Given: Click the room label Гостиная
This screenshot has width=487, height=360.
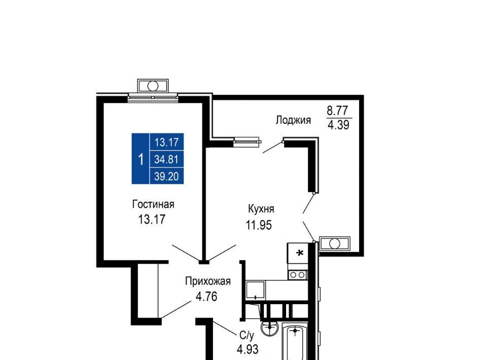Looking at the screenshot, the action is click(153, 204).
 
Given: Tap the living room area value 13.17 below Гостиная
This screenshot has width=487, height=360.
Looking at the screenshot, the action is click(152, 220).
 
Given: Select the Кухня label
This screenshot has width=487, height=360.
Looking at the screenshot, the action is click(261, 209).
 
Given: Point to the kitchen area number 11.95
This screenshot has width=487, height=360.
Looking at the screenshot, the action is click(259, 225).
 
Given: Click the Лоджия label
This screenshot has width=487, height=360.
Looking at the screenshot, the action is click(293, 120).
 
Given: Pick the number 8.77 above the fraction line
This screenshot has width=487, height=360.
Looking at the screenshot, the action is click(338, 111).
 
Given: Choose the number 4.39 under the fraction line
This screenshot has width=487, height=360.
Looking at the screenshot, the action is click(338, 125).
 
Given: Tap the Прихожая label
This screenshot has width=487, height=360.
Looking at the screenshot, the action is click(208, 281).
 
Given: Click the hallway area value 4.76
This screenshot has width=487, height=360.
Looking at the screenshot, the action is click(206, 297).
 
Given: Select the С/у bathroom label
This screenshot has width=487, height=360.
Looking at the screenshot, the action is click(247, 335).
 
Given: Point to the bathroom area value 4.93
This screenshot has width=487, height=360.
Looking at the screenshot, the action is click(248, 349).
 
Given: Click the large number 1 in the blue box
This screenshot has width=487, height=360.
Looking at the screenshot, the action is click(141, 159).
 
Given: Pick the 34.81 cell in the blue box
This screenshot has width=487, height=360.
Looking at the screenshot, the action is click(166, 160).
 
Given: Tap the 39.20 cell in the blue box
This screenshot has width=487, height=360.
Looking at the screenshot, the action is click(166, 176).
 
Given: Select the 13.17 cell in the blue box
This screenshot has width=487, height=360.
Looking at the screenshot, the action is click(166, 142).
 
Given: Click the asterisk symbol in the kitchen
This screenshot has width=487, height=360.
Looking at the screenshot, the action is click(299, 254).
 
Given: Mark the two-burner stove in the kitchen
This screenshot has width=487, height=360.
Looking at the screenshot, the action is click(298, 275).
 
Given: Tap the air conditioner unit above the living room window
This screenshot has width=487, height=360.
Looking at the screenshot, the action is click(153, 86).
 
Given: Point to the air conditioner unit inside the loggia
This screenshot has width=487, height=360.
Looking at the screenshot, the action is click(334, 243).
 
